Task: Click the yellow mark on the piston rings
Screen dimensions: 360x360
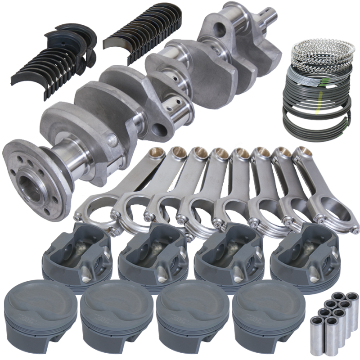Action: [319, 103]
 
